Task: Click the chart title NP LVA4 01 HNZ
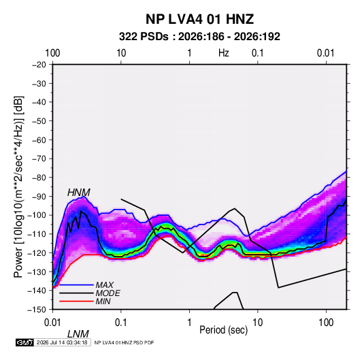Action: click(x=199, y=19)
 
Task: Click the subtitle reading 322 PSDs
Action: click(x=144, y=37)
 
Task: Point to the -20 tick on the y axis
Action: click(x=39, y=65)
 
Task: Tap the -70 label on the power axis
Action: click(x=39, y=159)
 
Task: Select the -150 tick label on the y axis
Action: click(x=37, y=310)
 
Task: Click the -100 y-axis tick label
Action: click(x=37, y=215)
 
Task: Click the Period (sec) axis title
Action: click(x=224, y=330)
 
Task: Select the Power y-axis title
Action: click(x=18, y=187)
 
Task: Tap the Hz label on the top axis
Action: click(x=224, y=53)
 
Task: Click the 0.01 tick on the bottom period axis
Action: click(x=52, y=323)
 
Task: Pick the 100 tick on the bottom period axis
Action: click(x=326, y=323)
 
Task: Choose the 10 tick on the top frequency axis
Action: click(x=121, y=53)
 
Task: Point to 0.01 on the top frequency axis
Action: click(x=326, y=53)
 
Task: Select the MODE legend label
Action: click(x=107, y=293)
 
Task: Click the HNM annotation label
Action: click(x=79, y=193)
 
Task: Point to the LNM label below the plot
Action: click(x=78, y=334)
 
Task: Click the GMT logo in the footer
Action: click(x=24, y=342)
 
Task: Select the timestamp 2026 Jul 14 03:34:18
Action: click(x=62, y=342)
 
